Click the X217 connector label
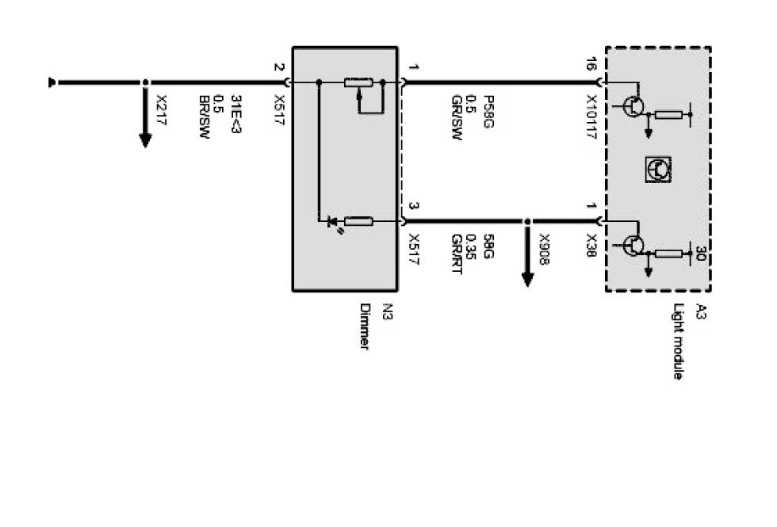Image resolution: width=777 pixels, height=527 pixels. (x=162, y=105)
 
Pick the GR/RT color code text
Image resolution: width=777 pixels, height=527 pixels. (x=457, y=253)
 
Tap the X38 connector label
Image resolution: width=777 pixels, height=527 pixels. (x=591, y=242)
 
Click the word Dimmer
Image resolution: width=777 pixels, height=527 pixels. (x=365, y=327)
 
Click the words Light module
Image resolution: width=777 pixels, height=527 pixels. (x=678, y=341)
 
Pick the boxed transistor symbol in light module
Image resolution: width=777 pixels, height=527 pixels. (x=658, y=168)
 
